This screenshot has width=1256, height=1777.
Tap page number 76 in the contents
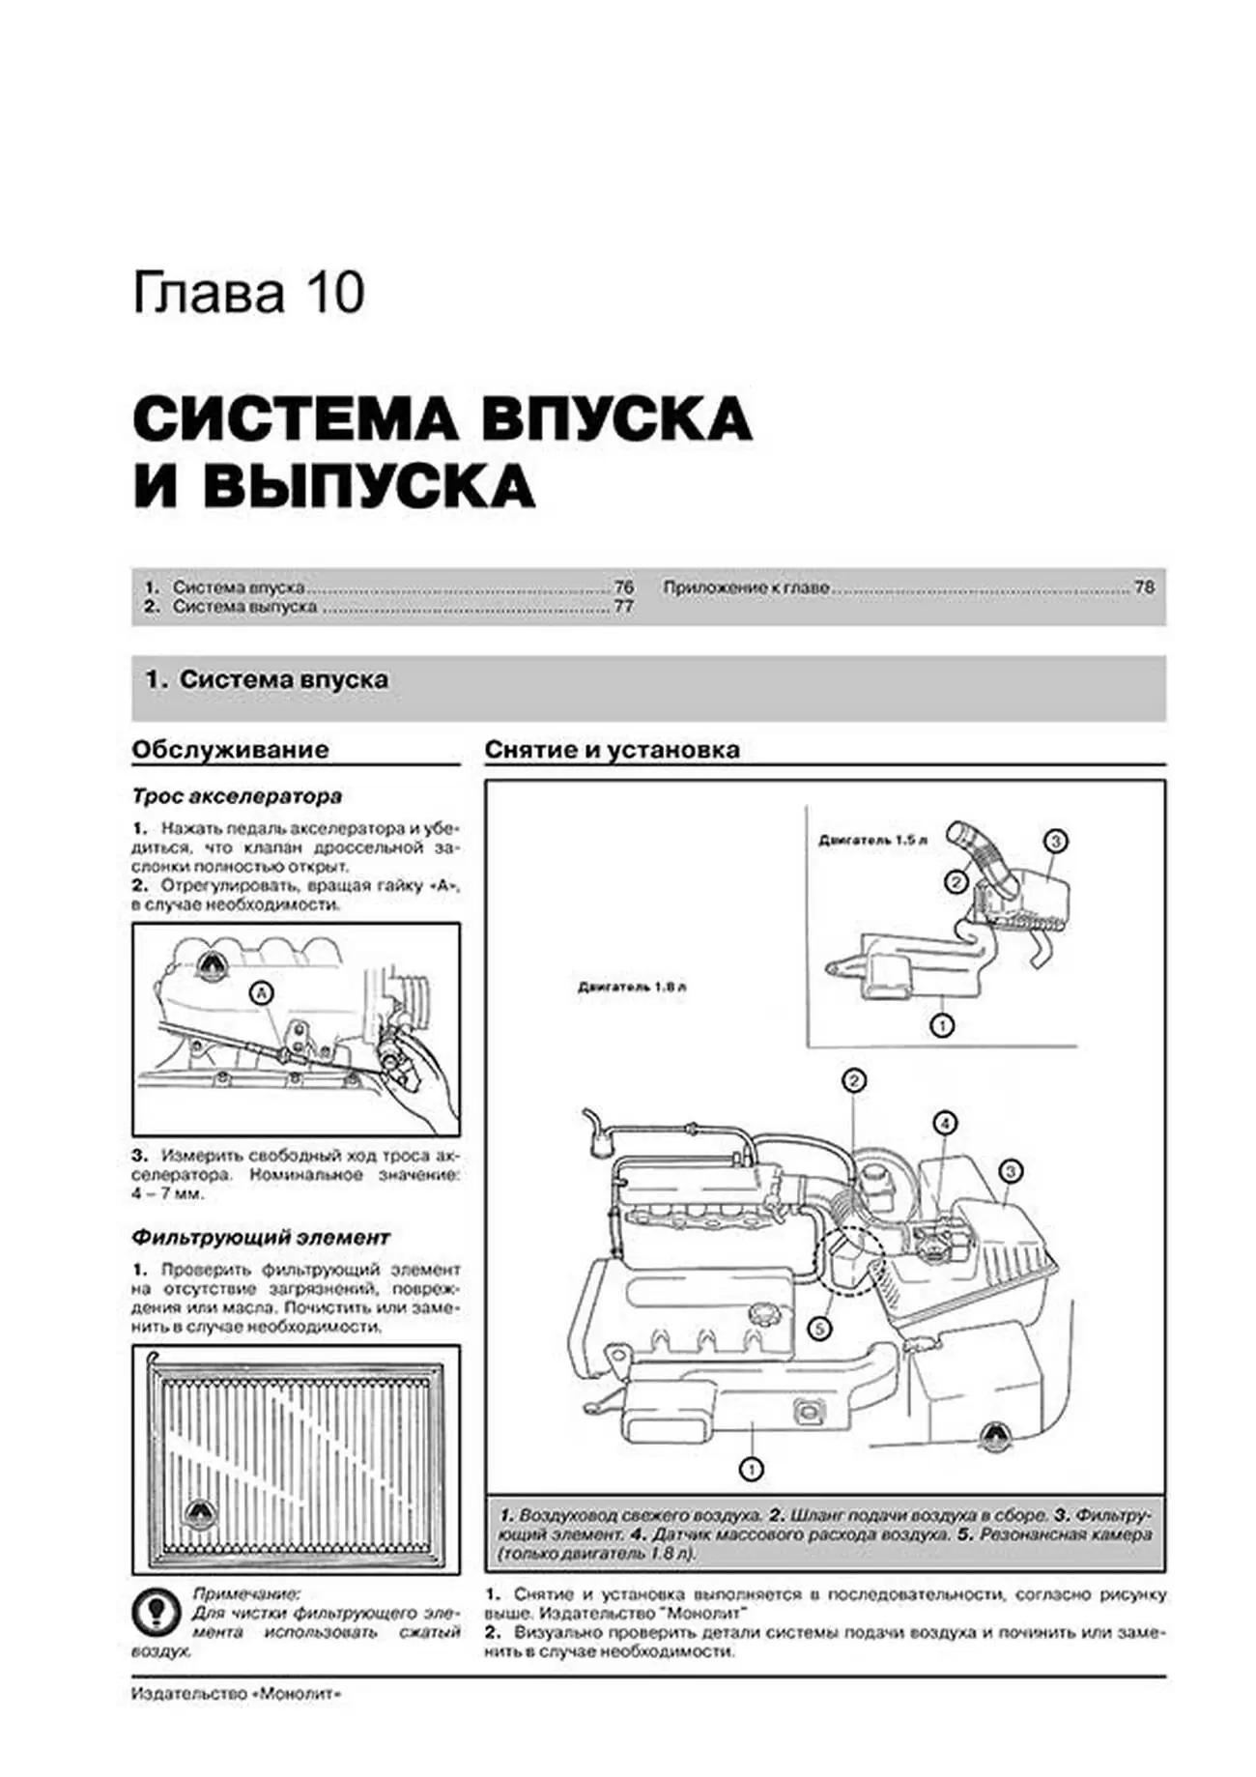click(x=623, y=587)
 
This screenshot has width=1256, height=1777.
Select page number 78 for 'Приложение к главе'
click(x=1143, y=587)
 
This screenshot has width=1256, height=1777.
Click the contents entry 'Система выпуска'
click(x=244, y=607)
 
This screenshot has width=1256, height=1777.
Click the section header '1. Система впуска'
click(x=267, y=679)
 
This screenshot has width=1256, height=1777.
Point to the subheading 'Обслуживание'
click(x=230, y=750)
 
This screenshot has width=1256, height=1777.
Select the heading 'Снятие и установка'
click(x=612, y=750)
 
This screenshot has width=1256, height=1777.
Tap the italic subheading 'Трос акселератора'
click(x=237, y=797)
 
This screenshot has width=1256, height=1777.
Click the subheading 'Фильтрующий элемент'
click(x=261, y=1237)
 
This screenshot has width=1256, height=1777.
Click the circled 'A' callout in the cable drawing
click(x=260, y=992)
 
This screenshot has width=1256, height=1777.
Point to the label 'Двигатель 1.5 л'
click(x=872, y=841)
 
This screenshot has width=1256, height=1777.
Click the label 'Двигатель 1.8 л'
click(x=632, y=988)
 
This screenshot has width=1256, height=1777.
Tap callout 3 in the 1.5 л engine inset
click(x=1055, y=841)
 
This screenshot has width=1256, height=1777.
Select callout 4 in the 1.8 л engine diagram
click(x=944, y=1123)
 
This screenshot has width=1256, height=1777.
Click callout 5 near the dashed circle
click(x=818, y=1330)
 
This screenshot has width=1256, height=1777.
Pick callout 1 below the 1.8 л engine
click(x=751, y=1470)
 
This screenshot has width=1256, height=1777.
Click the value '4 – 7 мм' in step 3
click(x=168, y=1194)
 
